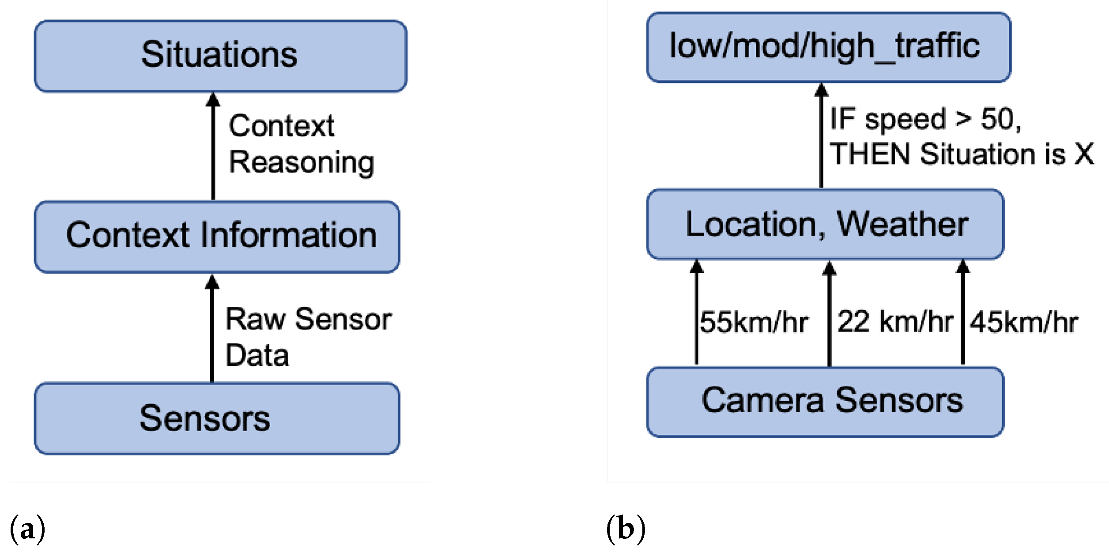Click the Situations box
coord(220,56)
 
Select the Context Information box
coord(217,237)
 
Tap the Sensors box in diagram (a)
coord(217,418)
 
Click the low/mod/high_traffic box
coord(828,47)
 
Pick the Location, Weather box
coord(825,224)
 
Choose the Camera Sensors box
coord(825,402)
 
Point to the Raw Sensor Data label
coord(308,337)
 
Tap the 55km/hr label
coord(754,322)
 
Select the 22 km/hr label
coord(894,322)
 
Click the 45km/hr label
coord(1023,322)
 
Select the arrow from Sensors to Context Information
coord(212,328)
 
